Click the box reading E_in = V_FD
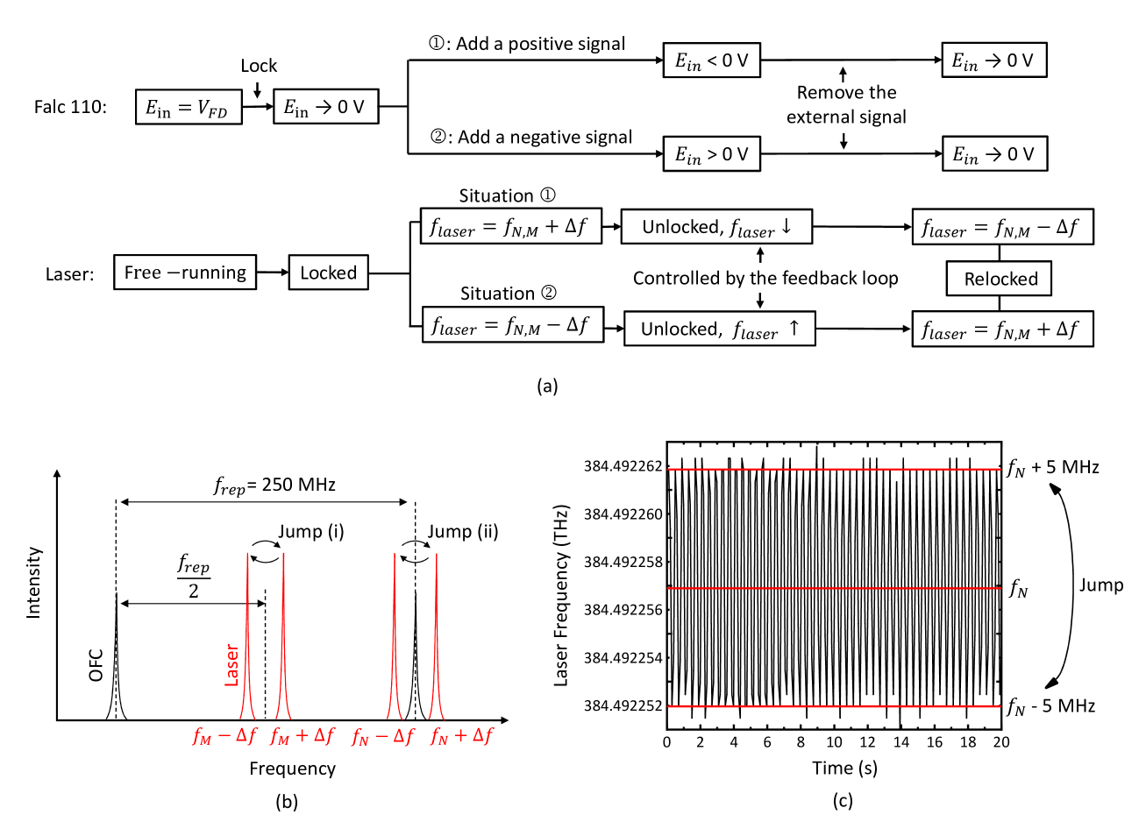(x=189, y=107)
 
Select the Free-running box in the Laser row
(x=185, y=273)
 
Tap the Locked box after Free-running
(x=328, y=273)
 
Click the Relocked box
(x=1000, y=279)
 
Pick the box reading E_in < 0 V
(x=711, y=60)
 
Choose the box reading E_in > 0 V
(x=711, y=154)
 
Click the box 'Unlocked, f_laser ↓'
(x=716, y=227)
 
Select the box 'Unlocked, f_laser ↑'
(x=719, y=329)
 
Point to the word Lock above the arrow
(x=259, y=66)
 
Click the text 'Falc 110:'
(x=70, y=107)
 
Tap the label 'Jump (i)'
(x=311, y=532)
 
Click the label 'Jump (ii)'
(x=462, y=532)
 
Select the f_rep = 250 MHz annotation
(x=274, y=485)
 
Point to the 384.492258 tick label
(x=623, y=562)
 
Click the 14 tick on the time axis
(x=900, y=742)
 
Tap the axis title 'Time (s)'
(x=843, y=769)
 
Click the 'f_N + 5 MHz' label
(x=1052, y=468)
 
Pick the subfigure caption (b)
(x=287, y=801)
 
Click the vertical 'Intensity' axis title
(x=34, y=583)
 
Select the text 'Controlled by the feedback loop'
(x=765, y=279)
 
